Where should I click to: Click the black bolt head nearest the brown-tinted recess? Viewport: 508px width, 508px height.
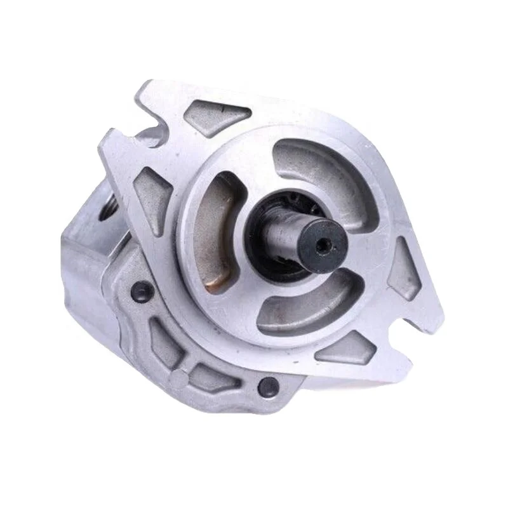[x=141, y=291]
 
